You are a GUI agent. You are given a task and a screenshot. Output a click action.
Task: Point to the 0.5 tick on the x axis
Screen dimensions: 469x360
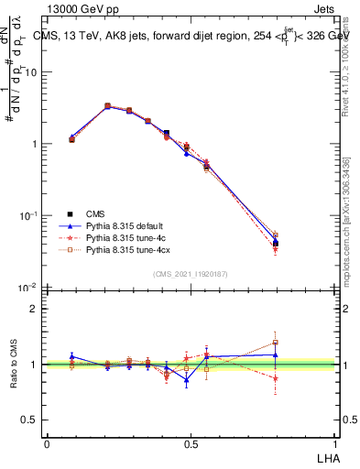click(x=191, y=443)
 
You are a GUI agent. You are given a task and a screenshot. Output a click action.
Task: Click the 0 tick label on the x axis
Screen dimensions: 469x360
click(x=47, y=443)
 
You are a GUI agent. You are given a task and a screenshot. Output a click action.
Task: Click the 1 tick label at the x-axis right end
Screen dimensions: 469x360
click(x=335, y=443)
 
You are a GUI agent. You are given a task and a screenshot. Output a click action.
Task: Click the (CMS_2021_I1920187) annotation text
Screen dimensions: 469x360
click(x=191, y=274)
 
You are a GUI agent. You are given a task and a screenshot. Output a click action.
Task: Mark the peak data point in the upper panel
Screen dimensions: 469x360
click(x=108, y=106)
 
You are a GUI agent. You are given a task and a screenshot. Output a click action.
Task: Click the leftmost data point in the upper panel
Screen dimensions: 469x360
click(x=72, y=138)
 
